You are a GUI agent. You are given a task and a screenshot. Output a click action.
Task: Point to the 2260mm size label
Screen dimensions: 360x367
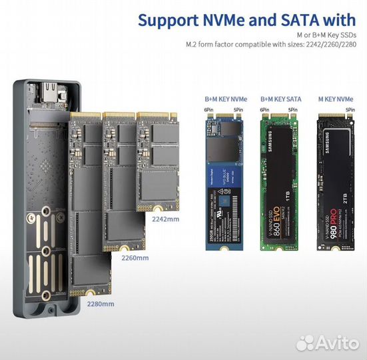point(135,257)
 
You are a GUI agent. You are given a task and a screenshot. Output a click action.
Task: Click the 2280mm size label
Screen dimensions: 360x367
point(101,303)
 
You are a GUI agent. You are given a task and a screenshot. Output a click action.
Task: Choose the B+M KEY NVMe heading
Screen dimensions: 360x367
point(222,99)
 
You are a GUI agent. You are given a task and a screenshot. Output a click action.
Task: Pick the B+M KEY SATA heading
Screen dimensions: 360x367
point(280,99)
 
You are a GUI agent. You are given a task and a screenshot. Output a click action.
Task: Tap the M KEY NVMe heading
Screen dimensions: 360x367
point(336,99)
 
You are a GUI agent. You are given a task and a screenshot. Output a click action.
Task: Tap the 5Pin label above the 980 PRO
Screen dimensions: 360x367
point(350,109)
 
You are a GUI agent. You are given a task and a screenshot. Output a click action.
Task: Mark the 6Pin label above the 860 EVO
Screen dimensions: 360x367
point(265,109)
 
